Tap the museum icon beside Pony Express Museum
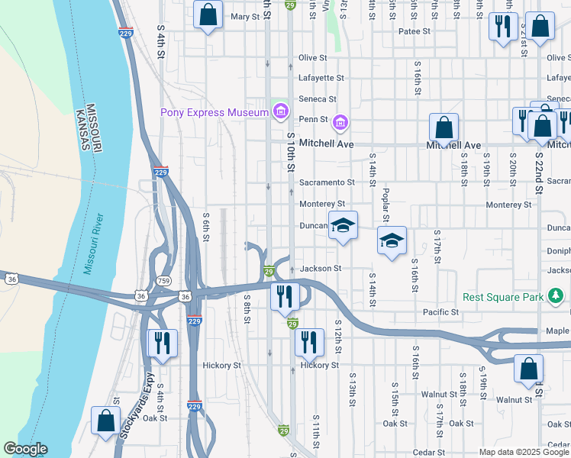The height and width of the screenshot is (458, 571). tap(280, 113)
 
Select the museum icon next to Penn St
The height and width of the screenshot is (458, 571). tap(340, 121)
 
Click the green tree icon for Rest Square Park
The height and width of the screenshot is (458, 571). tap(557, 295)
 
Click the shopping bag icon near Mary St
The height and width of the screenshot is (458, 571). tap(208, 15)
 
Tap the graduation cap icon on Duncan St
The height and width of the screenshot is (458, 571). tap(343, 225)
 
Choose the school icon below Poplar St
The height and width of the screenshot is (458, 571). tap(392, 240)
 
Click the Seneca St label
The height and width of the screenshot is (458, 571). tap(317, 99)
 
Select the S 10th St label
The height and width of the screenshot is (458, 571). tap(291, 146)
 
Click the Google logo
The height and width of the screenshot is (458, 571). tap(25, 450)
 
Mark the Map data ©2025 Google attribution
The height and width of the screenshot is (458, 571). tap(524, 452)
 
